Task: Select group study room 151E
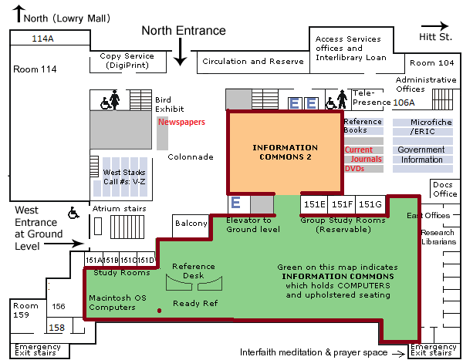[314, 204]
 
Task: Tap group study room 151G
[370, 204]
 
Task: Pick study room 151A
[93, 260]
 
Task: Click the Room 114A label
[43, 38]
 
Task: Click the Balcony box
[191, 224]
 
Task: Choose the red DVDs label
[354, 168]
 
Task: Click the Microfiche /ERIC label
[421, 127]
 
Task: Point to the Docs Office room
[444, 189]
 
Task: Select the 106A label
[404, 102]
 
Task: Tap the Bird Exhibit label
[163, 104]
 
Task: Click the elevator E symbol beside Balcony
[236, 203]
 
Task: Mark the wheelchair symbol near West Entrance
[75, 212]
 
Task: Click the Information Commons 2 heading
[285, 152]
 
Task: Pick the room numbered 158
[56, 328]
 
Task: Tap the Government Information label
[421, 155]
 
